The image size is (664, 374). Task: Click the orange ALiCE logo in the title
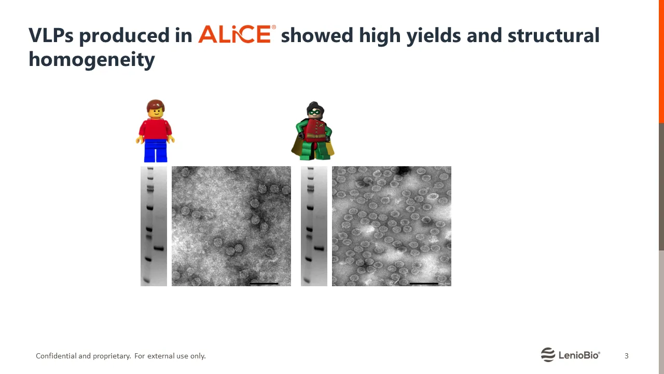coord(237,34)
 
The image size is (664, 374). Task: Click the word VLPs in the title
coord(51,35)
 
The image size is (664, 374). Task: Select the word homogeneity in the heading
coord(92,60)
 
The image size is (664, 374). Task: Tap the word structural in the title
coord(554,35)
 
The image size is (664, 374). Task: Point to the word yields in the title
coord(433,36)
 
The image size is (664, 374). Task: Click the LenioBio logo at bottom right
coord(570,355)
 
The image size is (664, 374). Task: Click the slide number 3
coord(626,356)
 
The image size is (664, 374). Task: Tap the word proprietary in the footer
coord(112,356)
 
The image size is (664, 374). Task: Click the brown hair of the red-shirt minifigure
coord(156,104)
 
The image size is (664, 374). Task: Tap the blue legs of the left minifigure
coord(156,151)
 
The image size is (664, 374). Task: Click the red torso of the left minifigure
coord(155,129)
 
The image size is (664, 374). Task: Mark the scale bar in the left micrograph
coord(264,284)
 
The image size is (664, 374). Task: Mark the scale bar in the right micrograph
coord(424,284)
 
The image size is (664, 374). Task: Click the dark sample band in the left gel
coord(159,248)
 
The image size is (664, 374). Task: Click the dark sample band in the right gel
coord(319,248)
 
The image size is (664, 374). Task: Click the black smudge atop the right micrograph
coord(403,170)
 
